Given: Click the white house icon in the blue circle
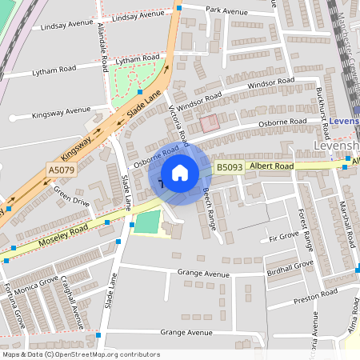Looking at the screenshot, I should coord(180,172).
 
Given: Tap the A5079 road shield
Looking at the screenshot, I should coord(60,170).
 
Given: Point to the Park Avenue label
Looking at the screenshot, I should coord(227,11).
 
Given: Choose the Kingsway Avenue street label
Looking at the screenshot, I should coord(62,112).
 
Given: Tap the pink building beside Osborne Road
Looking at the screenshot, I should coord(209,123).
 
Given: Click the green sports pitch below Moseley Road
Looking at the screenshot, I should coord(146,222).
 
